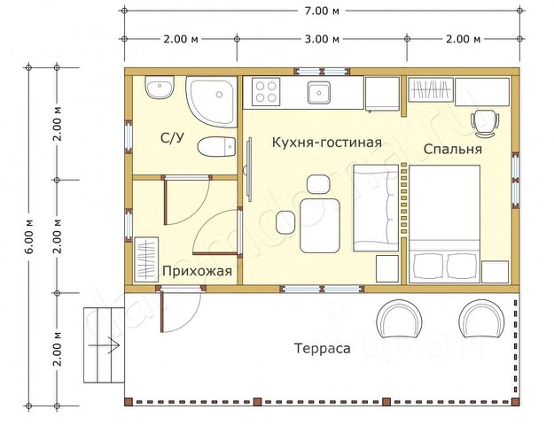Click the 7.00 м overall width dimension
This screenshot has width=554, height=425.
click(x=321, y=12)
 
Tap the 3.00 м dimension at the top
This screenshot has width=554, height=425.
click(x=321, y=39)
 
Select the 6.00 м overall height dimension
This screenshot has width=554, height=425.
click(x=29, y=237)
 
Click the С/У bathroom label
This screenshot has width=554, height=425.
click(x=172, y=138)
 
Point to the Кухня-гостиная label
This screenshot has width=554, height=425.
click(x=327, y=142)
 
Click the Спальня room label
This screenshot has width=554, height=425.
click(x=452, y=149)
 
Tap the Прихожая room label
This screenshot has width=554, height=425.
click(x=196, y=272)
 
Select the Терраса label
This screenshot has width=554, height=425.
click(x=322, y=348)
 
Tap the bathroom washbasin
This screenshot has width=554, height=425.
click(x=159, y=88)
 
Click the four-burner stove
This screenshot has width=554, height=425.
click(x=265, y=90)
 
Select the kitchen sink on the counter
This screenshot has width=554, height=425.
click(x=318, y=90)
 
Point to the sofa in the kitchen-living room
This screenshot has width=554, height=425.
click(x=376, y=208)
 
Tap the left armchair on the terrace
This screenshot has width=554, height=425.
click(x=401, y=320)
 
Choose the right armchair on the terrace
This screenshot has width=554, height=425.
click(x=482, y=320)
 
